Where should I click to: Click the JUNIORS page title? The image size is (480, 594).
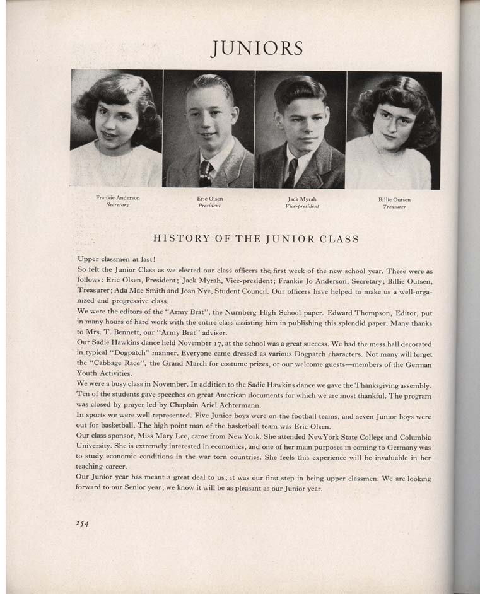(x=257, y=48)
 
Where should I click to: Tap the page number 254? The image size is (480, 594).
(x=85, y=523)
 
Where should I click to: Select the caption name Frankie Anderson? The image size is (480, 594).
(x=118, y=198)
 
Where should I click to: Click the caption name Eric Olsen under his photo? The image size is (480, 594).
(x=210, y=199)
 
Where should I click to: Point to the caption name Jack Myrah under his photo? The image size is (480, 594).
(x=302, y=199)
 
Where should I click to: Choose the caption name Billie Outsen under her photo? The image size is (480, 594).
(x=394, y=200)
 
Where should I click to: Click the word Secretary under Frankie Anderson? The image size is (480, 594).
(x=118, y=205)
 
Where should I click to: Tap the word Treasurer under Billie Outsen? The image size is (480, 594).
(x=394, y=207)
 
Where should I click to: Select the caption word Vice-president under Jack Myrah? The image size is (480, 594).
(x=302, y=206)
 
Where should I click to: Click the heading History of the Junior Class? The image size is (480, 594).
(x=256, y=239)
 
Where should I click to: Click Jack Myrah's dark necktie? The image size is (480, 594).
(x=291, y=173)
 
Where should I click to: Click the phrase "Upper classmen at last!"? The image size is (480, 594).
(x=116, y=259)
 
